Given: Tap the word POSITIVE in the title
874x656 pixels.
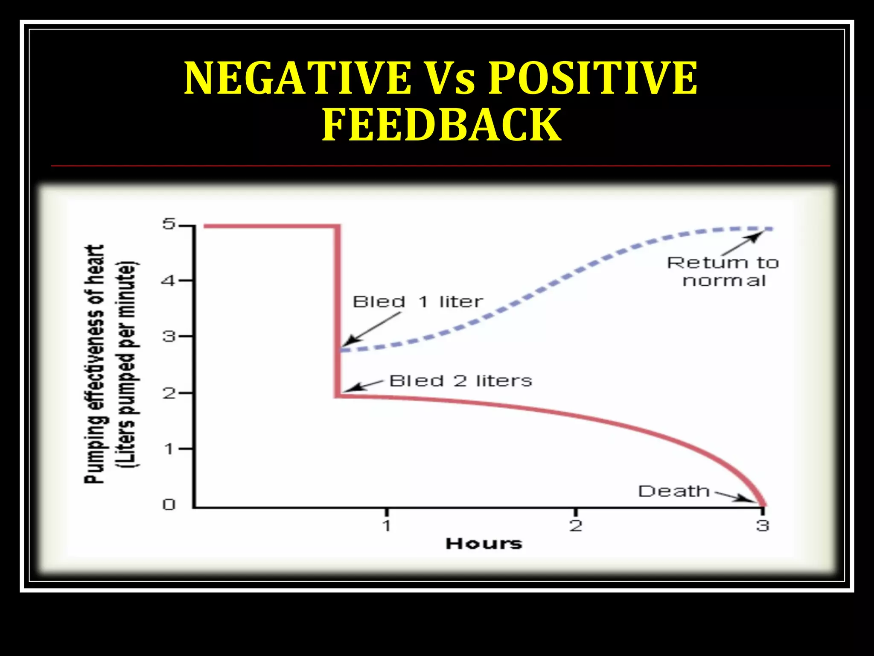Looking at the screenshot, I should [x=593, y=78].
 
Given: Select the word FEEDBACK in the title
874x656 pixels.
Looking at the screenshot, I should [x=441, y=125].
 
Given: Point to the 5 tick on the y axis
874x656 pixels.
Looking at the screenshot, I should [x=169, y=224].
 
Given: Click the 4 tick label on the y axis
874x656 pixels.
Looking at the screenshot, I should [x=169, y=281].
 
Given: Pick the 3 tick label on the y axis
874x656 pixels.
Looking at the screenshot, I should [x=169, y=337].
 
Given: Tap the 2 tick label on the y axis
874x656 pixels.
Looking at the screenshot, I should [x=169, y=393].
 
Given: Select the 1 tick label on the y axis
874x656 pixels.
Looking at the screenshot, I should [x=169, y=449].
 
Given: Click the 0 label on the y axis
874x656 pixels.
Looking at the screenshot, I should [x=169, y=505].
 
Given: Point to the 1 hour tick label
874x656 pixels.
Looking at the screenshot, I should [x=387, y=526].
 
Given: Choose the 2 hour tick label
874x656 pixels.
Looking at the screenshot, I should [x=576, y=526].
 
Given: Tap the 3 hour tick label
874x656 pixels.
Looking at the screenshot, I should [x=763, y=526].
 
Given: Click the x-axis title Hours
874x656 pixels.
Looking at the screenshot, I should [x=484, y=544].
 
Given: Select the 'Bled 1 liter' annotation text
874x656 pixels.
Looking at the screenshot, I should [x=418, y=302].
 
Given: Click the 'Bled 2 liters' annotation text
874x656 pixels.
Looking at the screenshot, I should [x=460, y=381].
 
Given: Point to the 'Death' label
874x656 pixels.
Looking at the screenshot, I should [x=674, y=491].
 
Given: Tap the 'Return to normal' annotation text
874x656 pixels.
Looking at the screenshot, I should [x=723, y=272].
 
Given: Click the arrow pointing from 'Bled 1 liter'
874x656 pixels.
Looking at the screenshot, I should [x=372, y=328].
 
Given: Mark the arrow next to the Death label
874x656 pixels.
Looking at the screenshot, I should [x=735, y=497].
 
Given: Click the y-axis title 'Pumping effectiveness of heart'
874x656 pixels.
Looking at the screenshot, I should [x=95, y=364].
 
